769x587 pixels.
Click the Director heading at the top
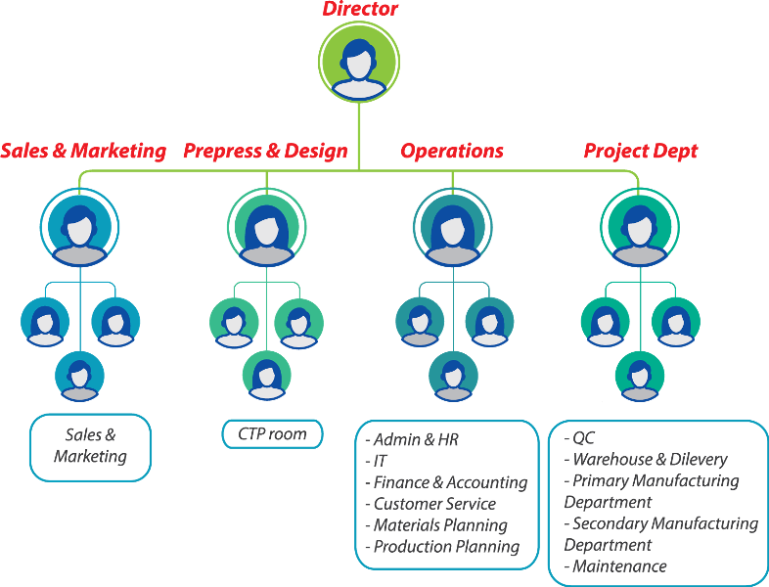pos(361,10)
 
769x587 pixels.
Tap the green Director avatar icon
pos(359,61)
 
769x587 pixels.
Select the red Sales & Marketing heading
pos(83,152)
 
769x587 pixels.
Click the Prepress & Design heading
pos(265,152)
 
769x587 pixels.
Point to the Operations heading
pos(452,152)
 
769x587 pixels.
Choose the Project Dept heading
pos(641,152)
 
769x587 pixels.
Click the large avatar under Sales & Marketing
pos(79,227)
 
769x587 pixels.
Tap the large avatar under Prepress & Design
pos(266,227)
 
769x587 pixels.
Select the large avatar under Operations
pos(452,227)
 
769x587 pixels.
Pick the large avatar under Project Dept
pos(639,227)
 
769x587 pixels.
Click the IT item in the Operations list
pos(381,461)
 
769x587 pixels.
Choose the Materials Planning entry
pos(440,525)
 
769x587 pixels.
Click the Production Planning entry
pos(446,547)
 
